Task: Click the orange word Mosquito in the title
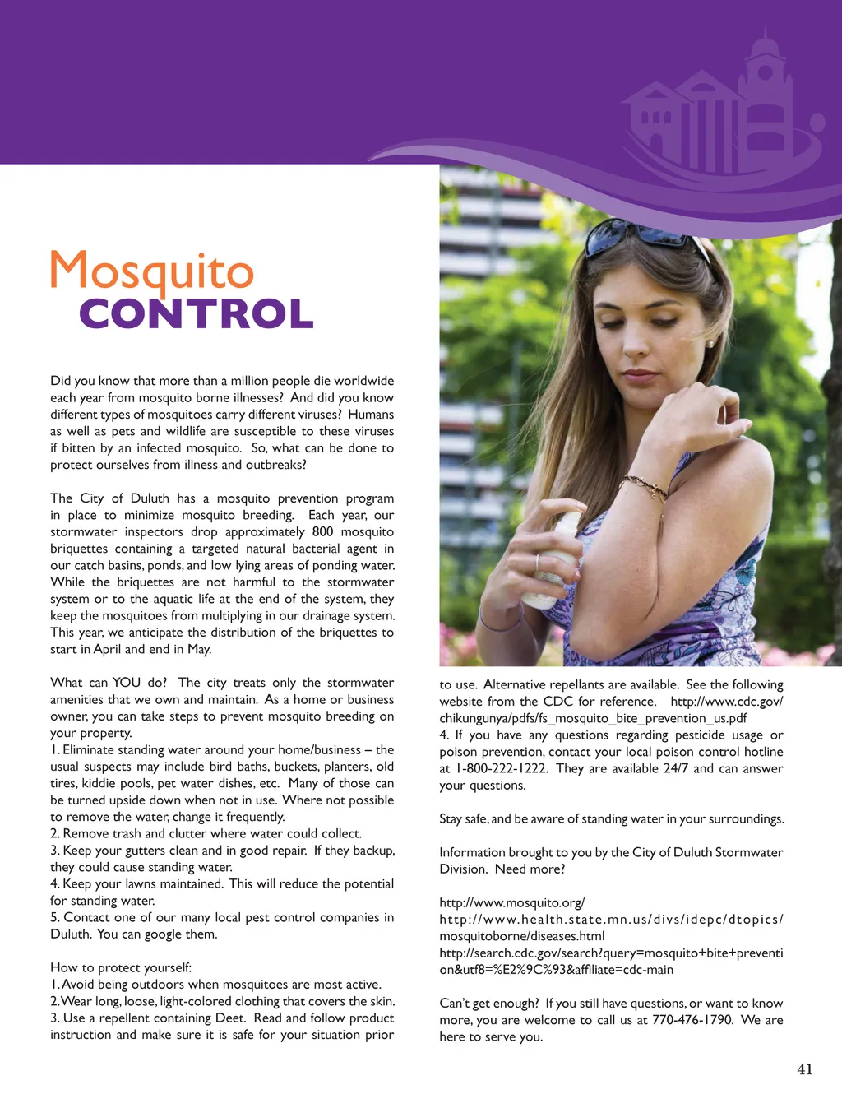point(152,271)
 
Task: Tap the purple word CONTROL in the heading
point(196,313)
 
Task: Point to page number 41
point(804,1069)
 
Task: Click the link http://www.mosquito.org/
point(511,902)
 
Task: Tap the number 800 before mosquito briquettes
point(322,531)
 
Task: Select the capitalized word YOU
point(127,683)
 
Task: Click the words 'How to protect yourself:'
point(121,967)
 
